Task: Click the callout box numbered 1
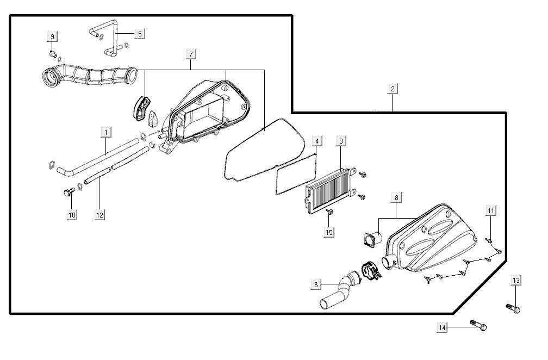[105, 132]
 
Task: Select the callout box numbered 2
[393, 89]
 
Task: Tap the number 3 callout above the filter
[341, 141]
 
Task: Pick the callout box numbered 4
[317, 141]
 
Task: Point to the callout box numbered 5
[140, 34]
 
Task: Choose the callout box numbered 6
[316, 284]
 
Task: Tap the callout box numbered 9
[53, 36]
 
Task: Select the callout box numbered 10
[72, 215]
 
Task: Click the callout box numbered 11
[491, 210]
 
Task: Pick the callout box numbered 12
[99, 215]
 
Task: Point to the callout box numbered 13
[516, 280]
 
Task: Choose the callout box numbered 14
[443, 327]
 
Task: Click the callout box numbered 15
[329, 232]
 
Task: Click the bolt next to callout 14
[478, 325]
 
